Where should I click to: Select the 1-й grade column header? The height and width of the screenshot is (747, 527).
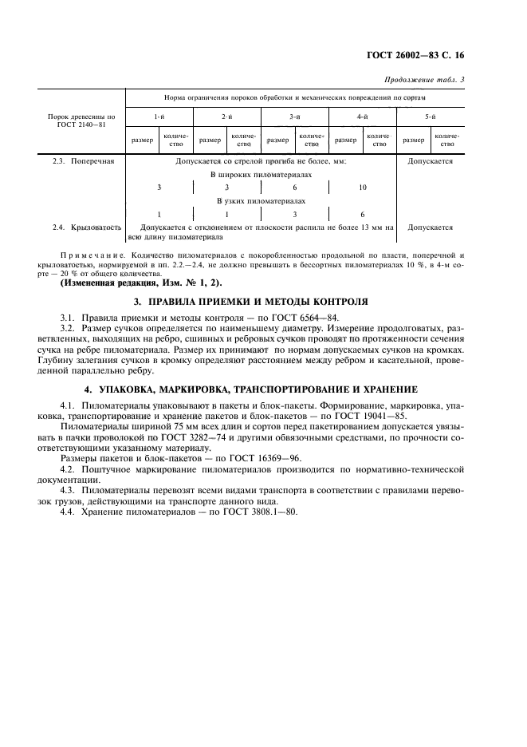[159, 117]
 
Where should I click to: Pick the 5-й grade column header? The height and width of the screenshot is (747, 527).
[430, 117]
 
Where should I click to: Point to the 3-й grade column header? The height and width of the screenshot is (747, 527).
[294, 117]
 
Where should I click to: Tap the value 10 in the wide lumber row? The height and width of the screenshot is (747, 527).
[363, 187]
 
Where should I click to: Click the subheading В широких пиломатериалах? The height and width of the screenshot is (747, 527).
[261, 173]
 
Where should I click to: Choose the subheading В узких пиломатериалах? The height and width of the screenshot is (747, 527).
[261, 201]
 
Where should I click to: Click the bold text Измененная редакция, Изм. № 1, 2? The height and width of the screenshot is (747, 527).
[142, 283]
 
